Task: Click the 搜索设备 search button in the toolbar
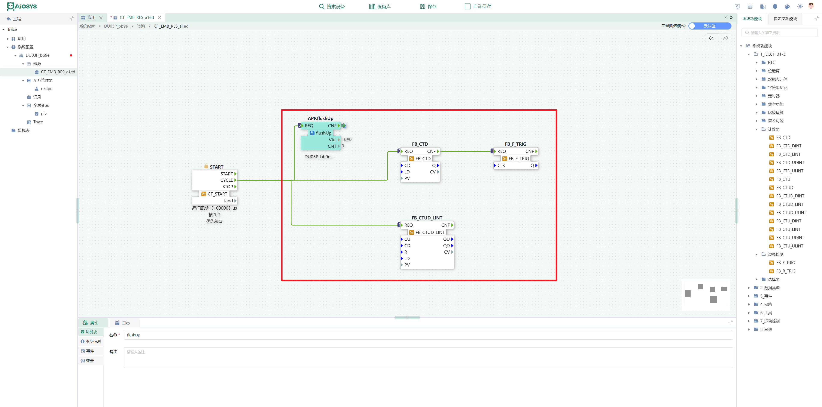click(332, 6)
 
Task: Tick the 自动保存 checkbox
click(468, 6)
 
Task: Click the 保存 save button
click(428, 6)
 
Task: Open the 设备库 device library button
click(380, 6)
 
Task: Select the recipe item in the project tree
click(46, 89)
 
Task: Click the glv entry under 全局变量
click(43, 114)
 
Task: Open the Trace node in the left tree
click(38, 122)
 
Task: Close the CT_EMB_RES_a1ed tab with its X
click(159, 18)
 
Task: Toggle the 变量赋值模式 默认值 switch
click(710, 26)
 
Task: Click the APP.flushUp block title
click(320, 118)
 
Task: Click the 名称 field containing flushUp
click(428, 335)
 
